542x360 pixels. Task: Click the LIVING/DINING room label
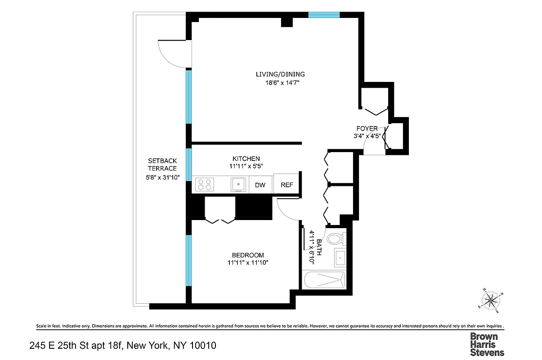point(280,74)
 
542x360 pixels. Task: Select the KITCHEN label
point(246,158)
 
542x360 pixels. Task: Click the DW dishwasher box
point(260,185)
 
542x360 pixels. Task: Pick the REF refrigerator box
point(287,185)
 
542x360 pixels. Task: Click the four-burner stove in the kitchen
point(205,184)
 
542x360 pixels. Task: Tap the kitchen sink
point(238,184)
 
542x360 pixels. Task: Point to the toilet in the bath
point(335,238)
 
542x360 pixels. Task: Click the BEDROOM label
point(248,255)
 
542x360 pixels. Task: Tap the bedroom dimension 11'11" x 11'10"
point(248,263)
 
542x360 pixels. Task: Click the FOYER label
point(367,129)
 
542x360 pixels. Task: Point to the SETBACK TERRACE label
point(162,164)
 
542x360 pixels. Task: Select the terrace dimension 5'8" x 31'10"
point(162,177)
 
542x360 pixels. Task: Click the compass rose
point(490,300)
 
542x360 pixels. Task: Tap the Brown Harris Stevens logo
point(487,344)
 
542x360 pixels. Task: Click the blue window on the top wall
point(324,15)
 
